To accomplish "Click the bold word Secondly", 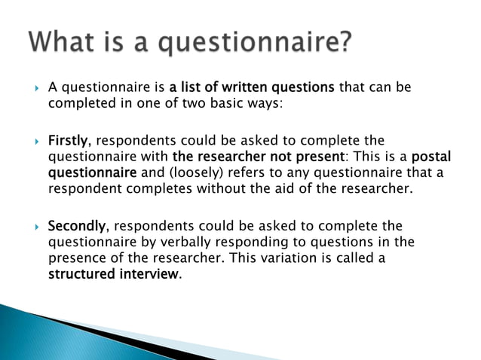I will tap(78, 226).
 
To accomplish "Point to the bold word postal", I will tap(434, 157).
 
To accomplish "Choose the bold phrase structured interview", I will tap(114, 274).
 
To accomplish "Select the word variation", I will tap(316, 258).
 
